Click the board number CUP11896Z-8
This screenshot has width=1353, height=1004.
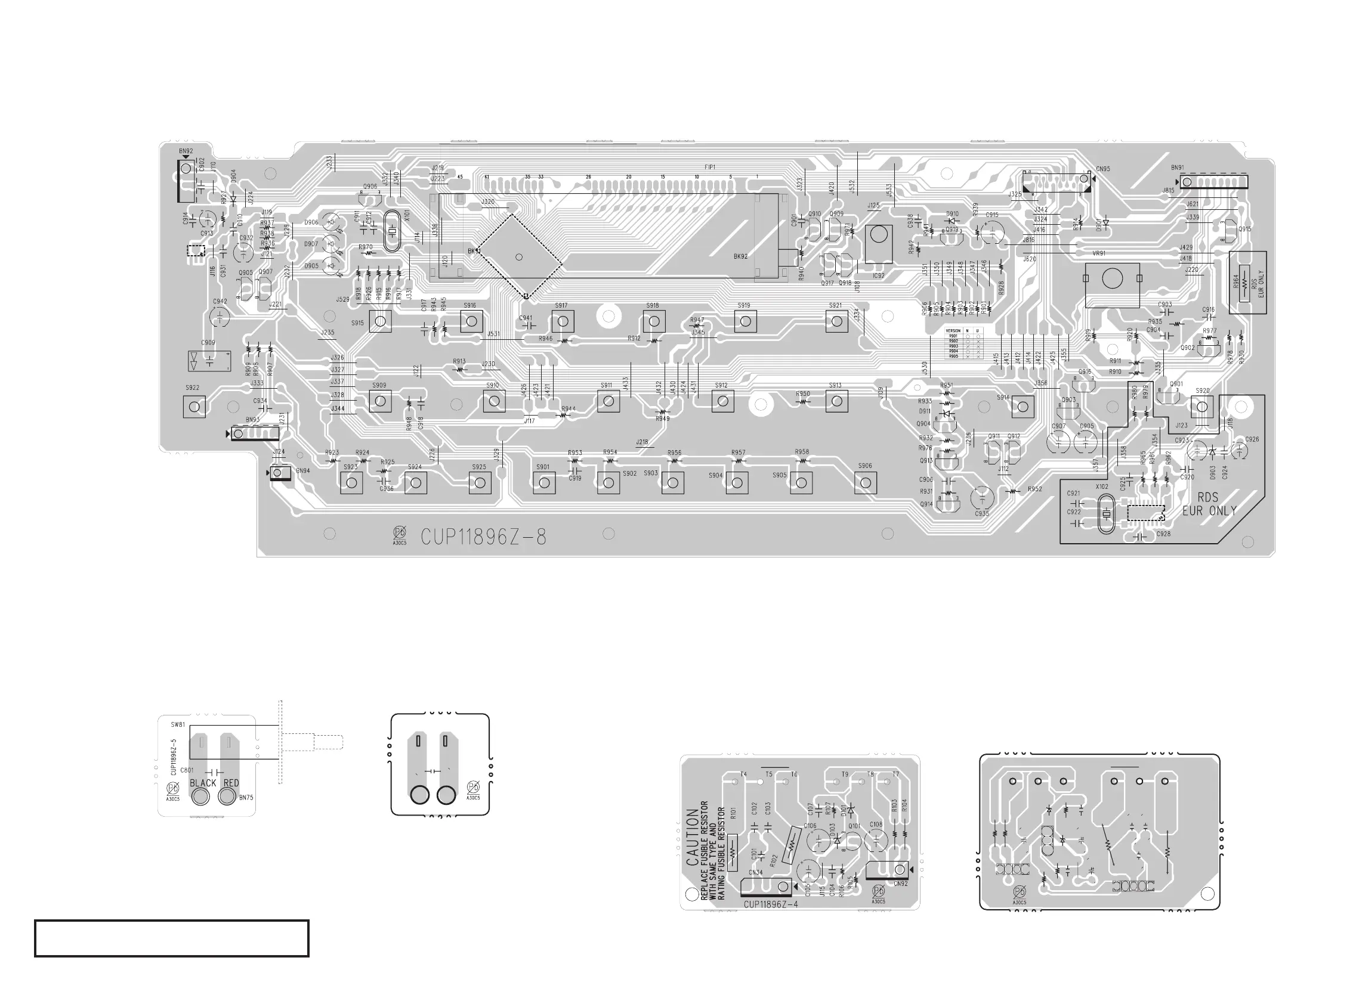tap(483, 537)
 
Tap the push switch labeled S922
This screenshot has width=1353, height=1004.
tap(194, 407)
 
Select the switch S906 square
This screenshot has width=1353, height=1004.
tap(866, 483)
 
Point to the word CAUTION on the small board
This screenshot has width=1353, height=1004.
tap(693, 837)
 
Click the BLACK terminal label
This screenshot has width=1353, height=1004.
tap(202, 783)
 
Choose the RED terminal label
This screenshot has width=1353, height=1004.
tap(231, 783)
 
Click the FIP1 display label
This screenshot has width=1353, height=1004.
tap(710, 167)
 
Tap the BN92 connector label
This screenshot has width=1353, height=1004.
tap(186, 151)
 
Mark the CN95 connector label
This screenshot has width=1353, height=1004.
tap(1102, 169)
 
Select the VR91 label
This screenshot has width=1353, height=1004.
tap(1099, 253)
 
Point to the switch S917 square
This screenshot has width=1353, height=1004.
tap(563, 321)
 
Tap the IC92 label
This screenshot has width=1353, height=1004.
tap(878, 276)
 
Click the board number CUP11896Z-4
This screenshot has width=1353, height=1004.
tap(770, 904)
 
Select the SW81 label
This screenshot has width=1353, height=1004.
tap(178, 725)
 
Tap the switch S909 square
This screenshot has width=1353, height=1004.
tap(380, 401)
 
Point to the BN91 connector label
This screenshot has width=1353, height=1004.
tap(1177, 168)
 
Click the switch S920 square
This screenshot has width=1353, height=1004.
tap(1201, 407)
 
